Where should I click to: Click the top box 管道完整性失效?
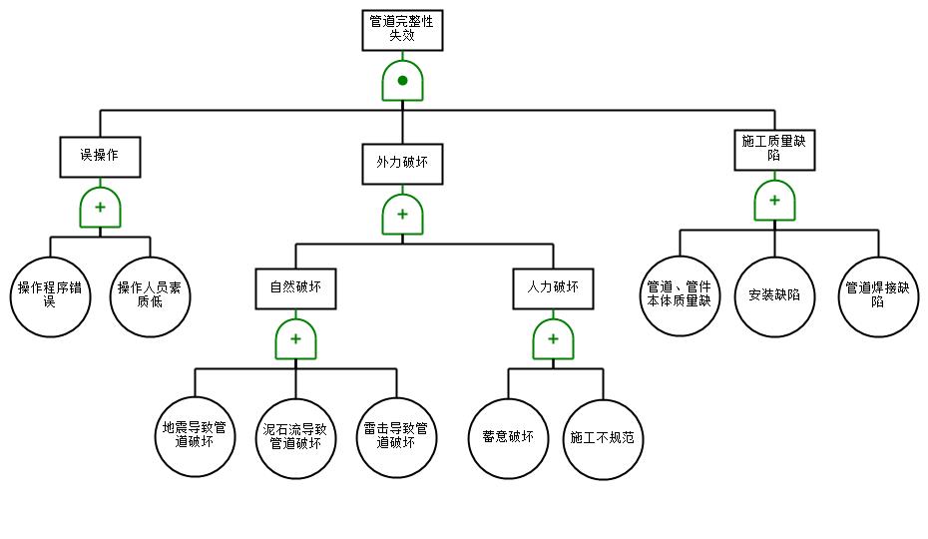pos(402,30)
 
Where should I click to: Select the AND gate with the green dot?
pos(402,81)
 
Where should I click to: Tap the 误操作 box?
pos(100,157)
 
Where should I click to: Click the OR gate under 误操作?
pos(100,208)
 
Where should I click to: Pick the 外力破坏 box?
pos(402,164)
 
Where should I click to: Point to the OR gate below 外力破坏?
pos(402,215)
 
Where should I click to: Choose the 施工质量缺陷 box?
pos(774,150)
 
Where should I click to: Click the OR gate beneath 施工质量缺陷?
pos(774,201)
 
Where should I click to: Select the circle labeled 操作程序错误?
pos(50,296)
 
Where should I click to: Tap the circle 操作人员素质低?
pos(151,296)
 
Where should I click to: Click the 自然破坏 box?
pos(296,289)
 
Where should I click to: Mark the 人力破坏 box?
pos(554,289)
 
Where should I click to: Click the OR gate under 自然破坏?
pos(296,339)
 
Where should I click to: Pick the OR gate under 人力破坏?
pos(554,339)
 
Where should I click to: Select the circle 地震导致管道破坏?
pos(195,436)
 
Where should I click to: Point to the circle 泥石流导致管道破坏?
pos(296,438)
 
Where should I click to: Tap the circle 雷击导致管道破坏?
pos(396,437)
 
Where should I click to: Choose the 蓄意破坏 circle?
pos(508,438)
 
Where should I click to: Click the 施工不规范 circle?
pos(603,439)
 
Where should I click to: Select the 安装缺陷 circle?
pos(774,296)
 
